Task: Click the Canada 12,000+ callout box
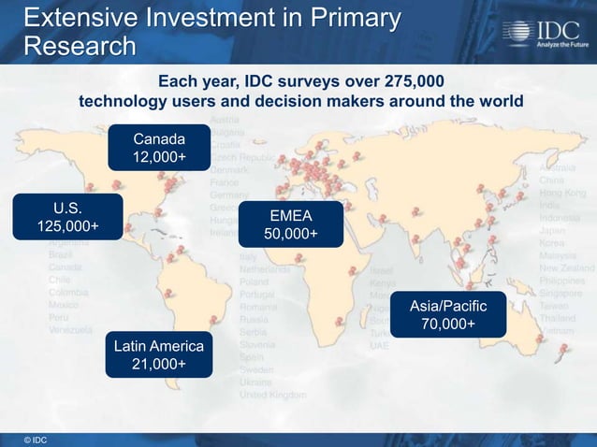coord(158,148)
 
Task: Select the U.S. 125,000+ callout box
coord(67,217)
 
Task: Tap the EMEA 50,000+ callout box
coord(290,224)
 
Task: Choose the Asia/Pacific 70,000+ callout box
coord(448,315)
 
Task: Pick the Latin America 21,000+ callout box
coord(158,355)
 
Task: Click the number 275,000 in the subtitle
coord(403,80)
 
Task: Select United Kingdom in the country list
coord(272,396)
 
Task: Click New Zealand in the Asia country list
coord(564,267)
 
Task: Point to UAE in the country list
coord(379,345)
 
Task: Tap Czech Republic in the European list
coord(242,159)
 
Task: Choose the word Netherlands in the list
coord(265,268)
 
